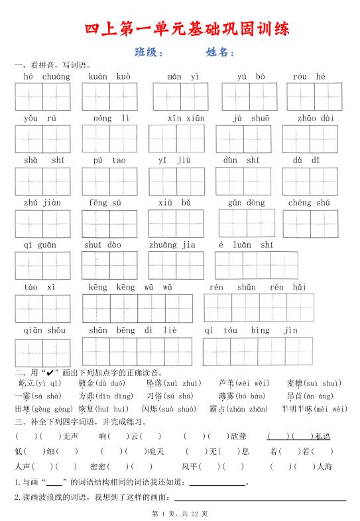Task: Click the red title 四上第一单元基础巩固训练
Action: pyautogui.click(x=188, y=30)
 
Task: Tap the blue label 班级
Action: pyautogui.click(x=148, y=52)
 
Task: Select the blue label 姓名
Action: pyautogui.click(x=220, y=52)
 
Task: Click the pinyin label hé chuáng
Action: pyautogui.click(x=46, y=77)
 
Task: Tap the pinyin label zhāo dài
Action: pyautogui.click(x=315, y=119)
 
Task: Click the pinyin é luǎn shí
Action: pyautogui.click(x=245, y=245)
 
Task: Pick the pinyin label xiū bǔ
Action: pyautogui.click(x=174, y=203)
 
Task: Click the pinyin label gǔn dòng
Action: pyautogui.click(x=245, y=203)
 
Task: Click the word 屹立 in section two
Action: pyautogui.click(x=26, y=383)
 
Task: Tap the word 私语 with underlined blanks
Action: pyautogui.click(x=323, y=436)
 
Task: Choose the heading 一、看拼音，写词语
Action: pyautogui.click(x=54, y=65)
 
